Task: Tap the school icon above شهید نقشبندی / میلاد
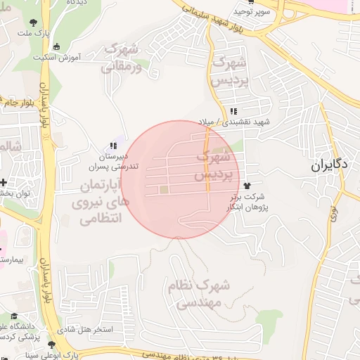tap(233, 111)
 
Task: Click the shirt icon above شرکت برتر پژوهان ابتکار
tap(247, 184)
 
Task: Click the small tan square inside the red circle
tap(164, 190)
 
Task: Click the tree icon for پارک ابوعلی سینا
tap(51, 344)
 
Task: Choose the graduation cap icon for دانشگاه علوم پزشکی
tap(13, 316)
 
